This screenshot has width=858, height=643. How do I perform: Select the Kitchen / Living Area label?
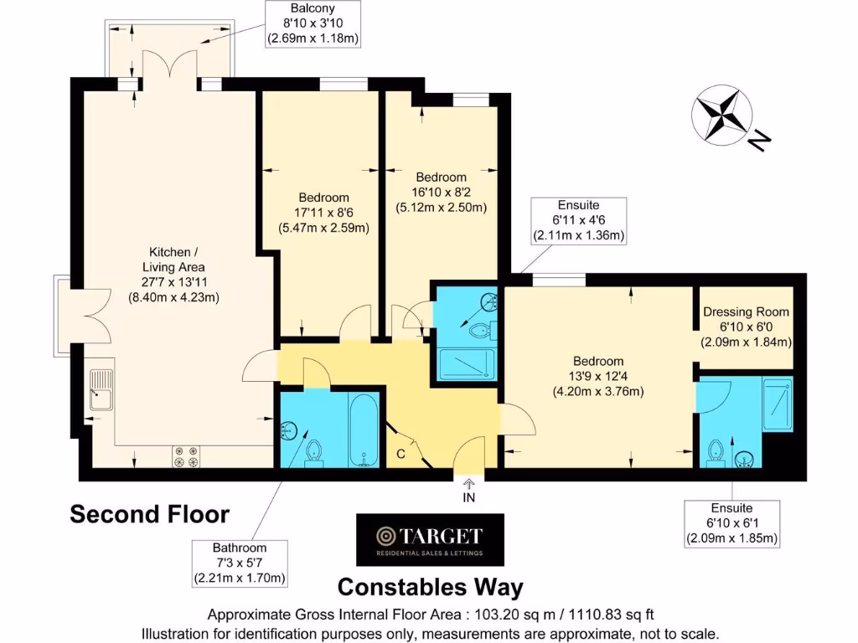174,273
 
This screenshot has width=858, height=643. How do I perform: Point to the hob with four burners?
186,455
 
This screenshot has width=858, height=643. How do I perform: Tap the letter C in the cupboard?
401,453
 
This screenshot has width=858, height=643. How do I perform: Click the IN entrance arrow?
468,488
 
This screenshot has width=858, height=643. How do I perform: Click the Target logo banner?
429,540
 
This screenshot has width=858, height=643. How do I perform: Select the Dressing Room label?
746,327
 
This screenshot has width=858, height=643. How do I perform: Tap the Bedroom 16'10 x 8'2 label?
441,192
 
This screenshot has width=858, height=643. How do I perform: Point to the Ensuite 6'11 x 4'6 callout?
579,220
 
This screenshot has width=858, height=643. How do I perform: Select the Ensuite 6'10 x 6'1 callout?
731,523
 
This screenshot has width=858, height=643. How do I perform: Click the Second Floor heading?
148,513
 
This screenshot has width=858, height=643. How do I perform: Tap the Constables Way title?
430,586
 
